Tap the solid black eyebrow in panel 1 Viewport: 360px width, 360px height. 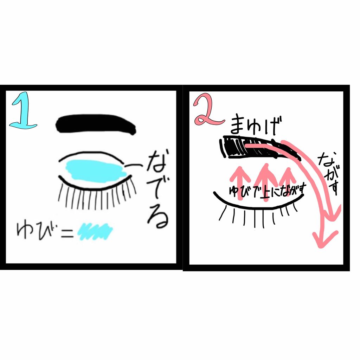96,125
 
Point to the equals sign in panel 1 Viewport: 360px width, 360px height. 66,232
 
